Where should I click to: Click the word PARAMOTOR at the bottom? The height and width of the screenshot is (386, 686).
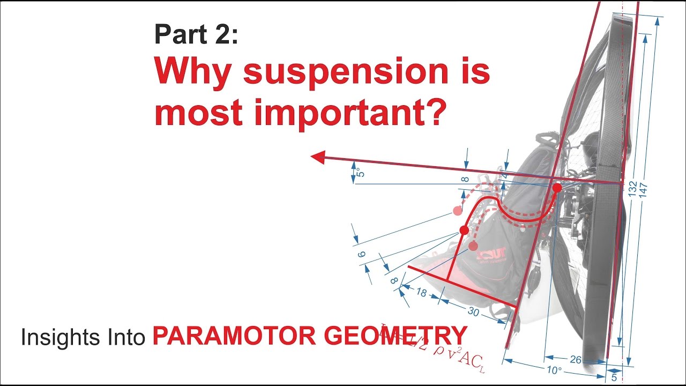coord(234,336)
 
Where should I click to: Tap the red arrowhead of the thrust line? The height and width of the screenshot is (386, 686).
coord(318,157)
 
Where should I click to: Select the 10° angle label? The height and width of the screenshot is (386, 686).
coord(554,370)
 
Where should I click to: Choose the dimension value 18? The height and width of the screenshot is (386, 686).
coord(422,292)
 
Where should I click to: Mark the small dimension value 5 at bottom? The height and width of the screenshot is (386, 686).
coord(614,377)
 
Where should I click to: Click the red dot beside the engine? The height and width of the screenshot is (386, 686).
coord(557,188)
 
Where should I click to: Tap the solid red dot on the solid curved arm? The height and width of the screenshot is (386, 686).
coord(464,230)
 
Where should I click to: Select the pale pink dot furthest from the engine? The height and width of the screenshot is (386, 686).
coord(457,210)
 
